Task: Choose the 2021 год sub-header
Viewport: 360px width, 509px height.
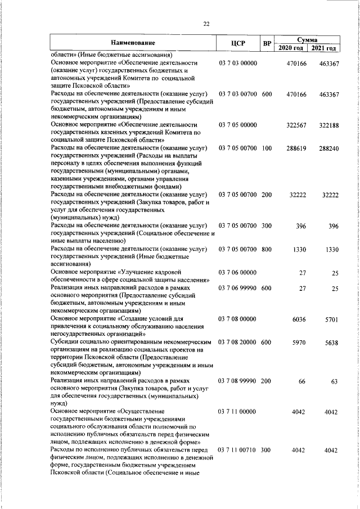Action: click(326, 48)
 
